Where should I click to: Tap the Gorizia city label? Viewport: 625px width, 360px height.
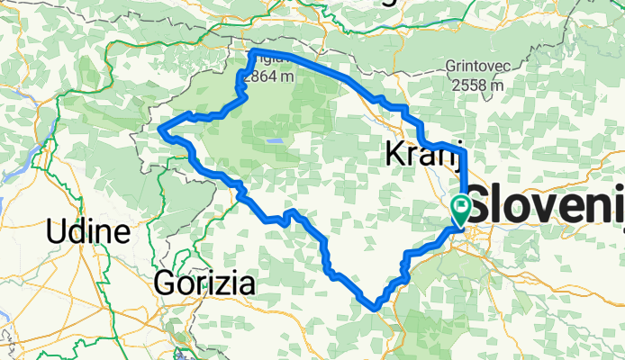point(205,283)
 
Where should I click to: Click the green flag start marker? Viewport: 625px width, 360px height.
point(461,209)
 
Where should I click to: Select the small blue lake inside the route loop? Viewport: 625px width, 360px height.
point(272,141)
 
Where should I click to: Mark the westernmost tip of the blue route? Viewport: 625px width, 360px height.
point(160,130)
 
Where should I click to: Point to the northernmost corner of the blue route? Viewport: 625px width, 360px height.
point(252,53)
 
